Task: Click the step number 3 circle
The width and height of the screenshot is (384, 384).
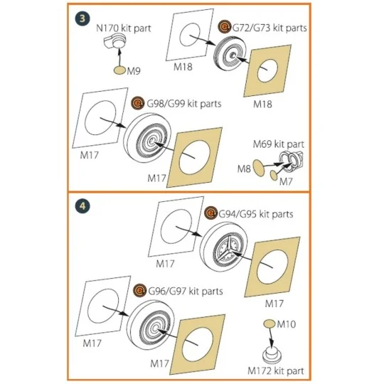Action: coord(82,18)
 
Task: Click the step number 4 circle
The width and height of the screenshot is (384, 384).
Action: coord(82,206)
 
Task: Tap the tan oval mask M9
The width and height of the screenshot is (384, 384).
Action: coord(120,70)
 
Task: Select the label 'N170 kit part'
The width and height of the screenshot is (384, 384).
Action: coord(124,28)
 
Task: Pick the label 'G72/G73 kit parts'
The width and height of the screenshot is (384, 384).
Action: coord(270,28)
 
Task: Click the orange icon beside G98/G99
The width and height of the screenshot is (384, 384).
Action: coord(138,103)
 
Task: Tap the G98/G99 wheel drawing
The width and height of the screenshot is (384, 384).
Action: coord(147,138)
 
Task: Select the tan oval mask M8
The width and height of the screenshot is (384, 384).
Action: coord(258,168)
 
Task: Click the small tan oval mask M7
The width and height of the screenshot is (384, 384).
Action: coord(274,175)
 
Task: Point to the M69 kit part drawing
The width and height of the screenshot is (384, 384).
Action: coord(292,161)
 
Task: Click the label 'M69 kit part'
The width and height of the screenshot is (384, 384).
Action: coord(279,144)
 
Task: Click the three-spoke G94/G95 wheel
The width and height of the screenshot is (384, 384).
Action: coord(223,247)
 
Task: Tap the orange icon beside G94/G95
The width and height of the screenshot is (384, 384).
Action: coord(210,213)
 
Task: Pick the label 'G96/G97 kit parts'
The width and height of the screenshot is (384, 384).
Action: coord(186,291)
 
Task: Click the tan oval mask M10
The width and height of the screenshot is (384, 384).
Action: coord(270,324)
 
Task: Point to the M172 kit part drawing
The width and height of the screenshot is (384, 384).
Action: coord(272,355)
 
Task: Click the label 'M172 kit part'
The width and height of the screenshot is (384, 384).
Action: coord(276,370)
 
